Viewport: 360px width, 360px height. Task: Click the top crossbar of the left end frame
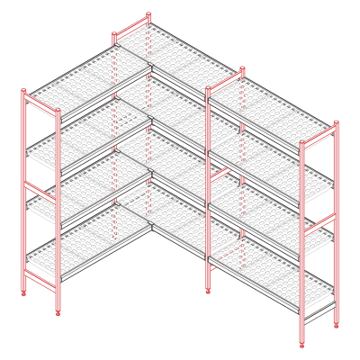tap(40, 101)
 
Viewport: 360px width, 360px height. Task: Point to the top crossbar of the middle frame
tap(225, 81)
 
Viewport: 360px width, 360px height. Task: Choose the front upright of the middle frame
tap(209, 189)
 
